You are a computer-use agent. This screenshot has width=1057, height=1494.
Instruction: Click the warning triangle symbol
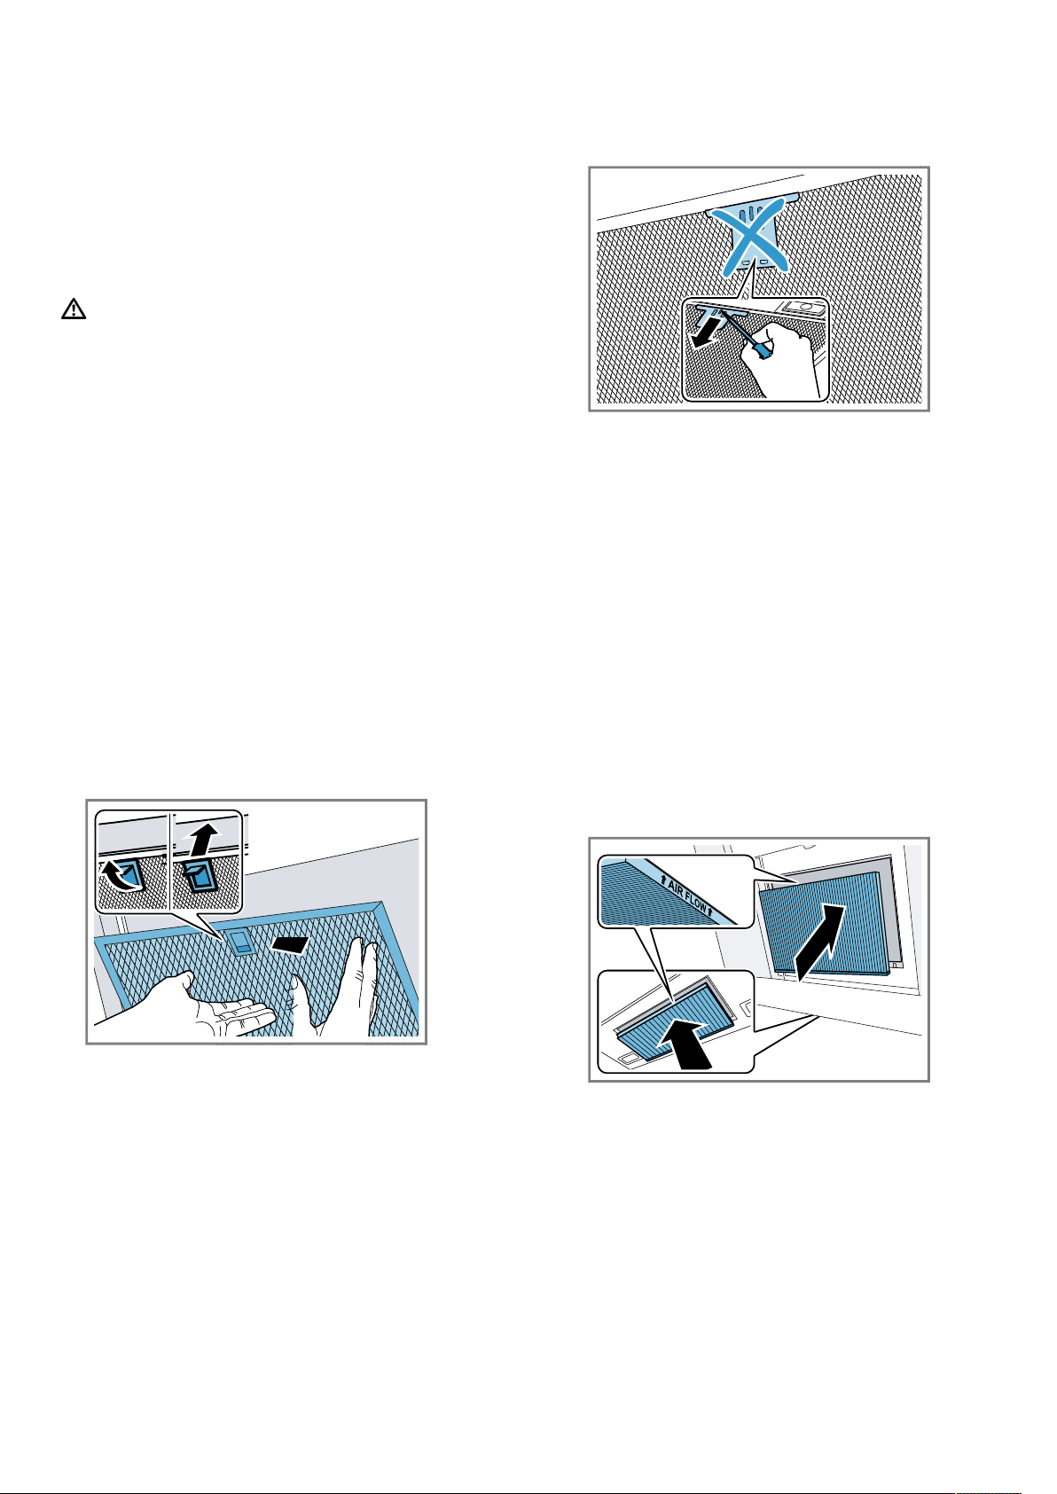pyautogui.click(x=74, y=309)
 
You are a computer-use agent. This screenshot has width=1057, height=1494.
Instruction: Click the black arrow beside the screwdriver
pyautogui.click(x=706, y=332)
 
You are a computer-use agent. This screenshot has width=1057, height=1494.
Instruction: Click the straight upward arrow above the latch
pyautogui.click(x=203, y=839)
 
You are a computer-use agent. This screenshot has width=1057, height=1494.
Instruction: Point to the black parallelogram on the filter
pyautogui.click(x=290, y=944)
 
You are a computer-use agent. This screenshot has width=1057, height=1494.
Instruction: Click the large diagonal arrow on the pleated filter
pyautogui.click(x=819, y=943)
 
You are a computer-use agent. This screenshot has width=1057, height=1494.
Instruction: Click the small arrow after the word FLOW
pyautogui.click(x=711, y=911)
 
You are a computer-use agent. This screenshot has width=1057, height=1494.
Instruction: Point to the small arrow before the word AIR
pyautogui.click(x=663, y=881)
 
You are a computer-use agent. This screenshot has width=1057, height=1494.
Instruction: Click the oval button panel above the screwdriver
pyautogui.click(x=805, y=308)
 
